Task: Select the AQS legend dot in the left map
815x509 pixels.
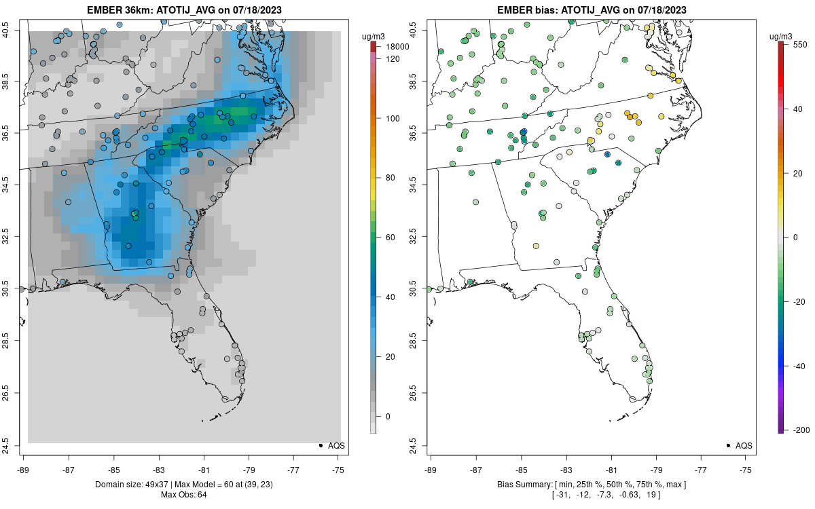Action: (320, 445)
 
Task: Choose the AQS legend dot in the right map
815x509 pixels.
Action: (727, 445)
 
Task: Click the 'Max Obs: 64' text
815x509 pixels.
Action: (183, 495)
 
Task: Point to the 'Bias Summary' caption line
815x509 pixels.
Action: (590, 485)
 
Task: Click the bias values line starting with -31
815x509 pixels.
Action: (590, 495)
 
